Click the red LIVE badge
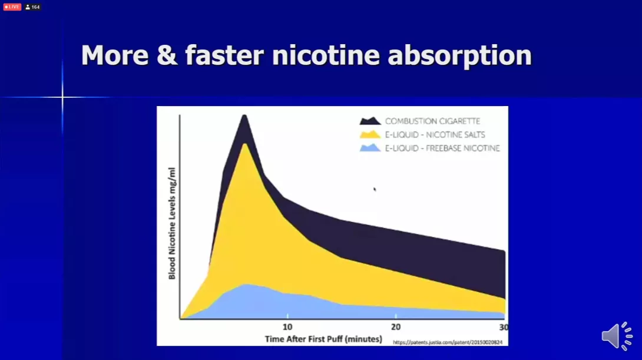(x=12, y=7)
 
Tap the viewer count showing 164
(x=33, y=7)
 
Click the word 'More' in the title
(x=115, y=55)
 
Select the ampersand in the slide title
(x=167, y=55)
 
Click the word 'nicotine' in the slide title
(x=326, y=55)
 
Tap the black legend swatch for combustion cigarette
(x=370, y=121)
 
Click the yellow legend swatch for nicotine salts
(x=370, y=134)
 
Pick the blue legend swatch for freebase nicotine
(x=370, y=148)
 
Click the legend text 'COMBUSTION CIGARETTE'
(x=432, y=121)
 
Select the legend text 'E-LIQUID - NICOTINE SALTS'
(x=435, y=135)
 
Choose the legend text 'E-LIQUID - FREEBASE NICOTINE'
(x=442, y=148)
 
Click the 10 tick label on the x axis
(x=287, y=327)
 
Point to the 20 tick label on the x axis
(x=396, y=327)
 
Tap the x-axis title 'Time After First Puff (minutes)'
(x=323, y=339)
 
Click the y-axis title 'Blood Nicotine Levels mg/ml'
(x=171, y=224)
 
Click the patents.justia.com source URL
(x=448, y=342)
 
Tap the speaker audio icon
(x=617, y=336)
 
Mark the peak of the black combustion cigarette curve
(x=244, y=115)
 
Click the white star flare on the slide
(x=62, y=97)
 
